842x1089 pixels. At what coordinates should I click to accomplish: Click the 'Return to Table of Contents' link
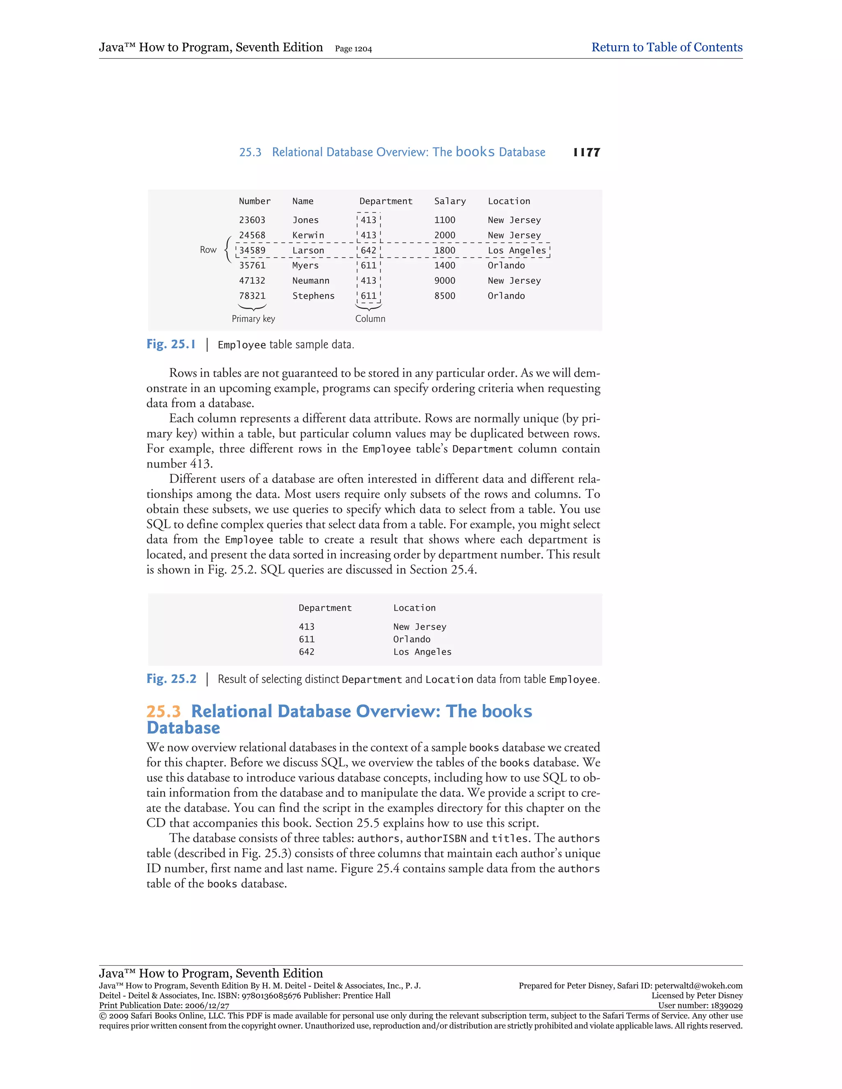click(666, 47)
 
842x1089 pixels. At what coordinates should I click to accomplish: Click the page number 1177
click(587, 152)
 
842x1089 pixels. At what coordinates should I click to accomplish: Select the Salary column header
click(449, 201)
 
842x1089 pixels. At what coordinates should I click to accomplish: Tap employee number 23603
click(252, 220)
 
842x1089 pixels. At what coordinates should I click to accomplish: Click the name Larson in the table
click(308, 250)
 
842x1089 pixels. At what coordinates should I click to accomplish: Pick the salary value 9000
click(444, 281)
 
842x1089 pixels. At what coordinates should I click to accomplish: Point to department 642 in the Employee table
click(369, 250)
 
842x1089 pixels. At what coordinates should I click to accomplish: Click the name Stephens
click(313, 296)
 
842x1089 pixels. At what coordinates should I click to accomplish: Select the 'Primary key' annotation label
click(253, 318)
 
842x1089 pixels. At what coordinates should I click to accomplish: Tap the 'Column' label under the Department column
click(370, 318)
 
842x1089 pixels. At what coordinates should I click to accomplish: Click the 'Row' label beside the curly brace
click(208, 250)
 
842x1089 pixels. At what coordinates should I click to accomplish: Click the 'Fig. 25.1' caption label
click(171, 344)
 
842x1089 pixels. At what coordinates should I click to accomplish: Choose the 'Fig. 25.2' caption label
click(171, 678)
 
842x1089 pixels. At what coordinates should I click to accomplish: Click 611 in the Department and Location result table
click(306, 639)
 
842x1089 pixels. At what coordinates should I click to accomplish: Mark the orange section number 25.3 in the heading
click(163, 711)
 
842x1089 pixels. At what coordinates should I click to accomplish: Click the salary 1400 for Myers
click(444, 265)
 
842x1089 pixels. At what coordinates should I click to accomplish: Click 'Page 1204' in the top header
click(353, 49)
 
